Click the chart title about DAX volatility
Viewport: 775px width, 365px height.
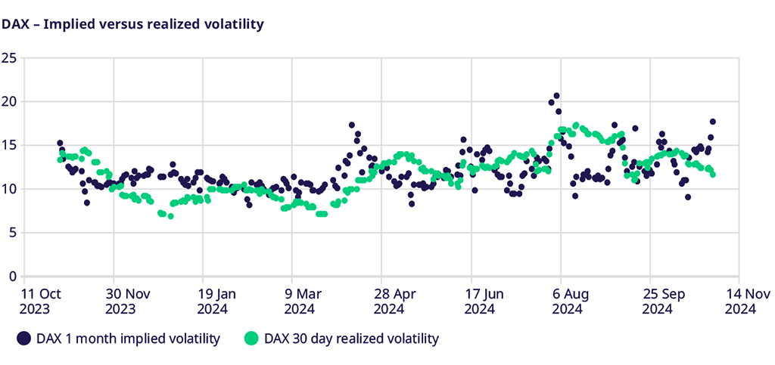[x=132, y=24]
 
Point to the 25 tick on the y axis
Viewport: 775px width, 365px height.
[x=9, y=57]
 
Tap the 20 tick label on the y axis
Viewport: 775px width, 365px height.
[x=9, y=101]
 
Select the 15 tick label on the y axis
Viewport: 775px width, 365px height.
[x=9, y=145]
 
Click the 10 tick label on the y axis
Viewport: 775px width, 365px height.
[x=9, y=189]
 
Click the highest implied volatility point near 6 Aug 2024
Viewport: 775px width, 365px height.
[x=556, y=96]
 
